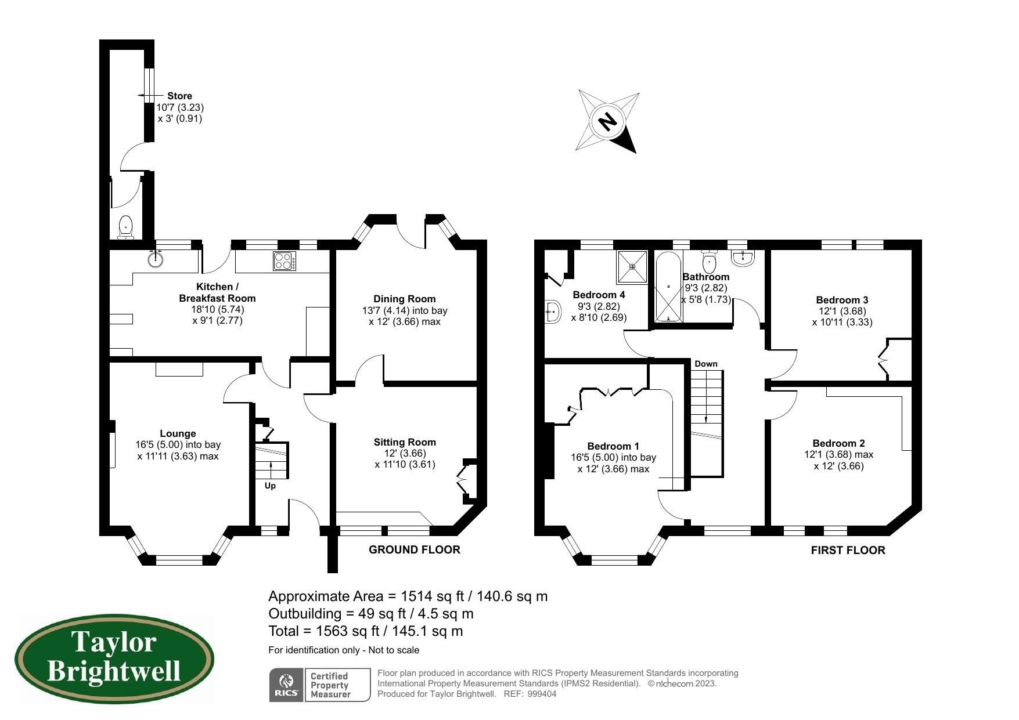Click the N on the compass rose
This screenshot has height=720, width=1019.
click(607, 122)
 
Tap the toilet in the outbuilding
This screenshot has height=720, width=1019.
click(126, 227)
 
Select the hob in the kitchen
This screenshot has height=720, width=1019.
click(285, 261)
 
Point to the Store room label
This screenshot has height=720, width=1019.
click(179, 96)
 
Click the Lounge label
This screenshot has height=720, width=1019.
click(178, 433)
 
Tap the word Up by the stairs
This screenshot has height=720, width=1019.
click(270, 486)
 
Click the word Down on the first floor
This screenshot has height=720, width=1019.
click(705, 364)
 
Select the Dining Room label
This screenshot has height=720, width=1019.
click(404, 299)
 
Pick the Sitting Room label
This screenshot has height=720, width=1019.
click(404, 442)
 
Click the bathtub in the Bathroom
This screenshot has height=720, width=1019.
click(669, 287)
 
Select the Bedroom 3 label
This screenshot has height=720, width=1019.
click(841, 300)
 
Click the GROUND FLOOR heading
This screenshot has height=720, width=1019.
click(414, 549)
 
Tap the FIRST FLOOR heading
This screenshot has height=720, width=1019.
click(848, 550)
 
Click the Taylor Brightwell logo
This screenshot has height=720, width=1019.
click(114, 659)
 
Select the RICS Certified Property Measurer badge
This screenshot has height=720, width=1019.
click(319, 685)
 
